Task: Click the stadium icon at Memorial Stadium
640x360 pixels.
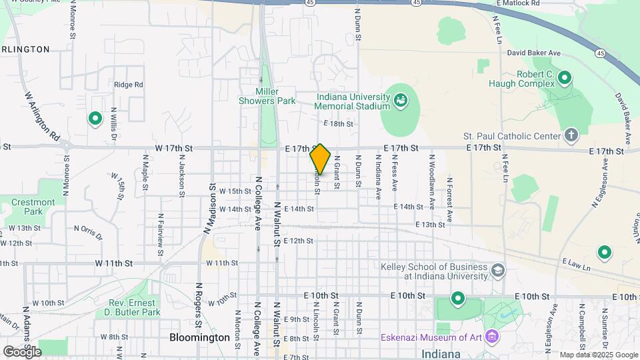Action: [x=400, y=101]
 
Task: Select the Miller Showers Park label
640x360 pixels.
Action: [x=267, y=96]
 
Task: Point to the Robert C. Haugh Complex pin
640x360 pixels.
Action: [x=565, y=79]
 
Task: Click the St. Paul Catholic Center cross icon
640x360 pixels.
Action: [x=571, y=136]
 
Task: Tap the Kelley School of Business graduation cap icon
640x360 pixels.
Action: [x=497, y=271]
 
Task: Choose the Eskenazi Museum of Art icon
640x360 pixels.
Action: [x=492, y=337]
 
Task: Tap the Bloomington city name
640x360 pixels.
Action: [x=199, y=337]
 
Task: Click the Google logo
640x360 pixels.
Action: [x=22, y=351]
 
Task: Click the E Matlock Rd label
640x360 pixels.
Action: [x=517, y=3]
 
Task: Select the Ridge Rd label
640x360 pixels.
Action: [x=128, y=85]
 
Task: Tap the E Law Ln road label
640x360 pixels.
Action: [x=577, y=265]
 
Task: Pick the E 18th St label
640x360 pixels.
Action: [x=337, y=124]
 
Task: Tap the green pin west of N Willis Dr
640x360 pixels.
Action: [x=95, y=119]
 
